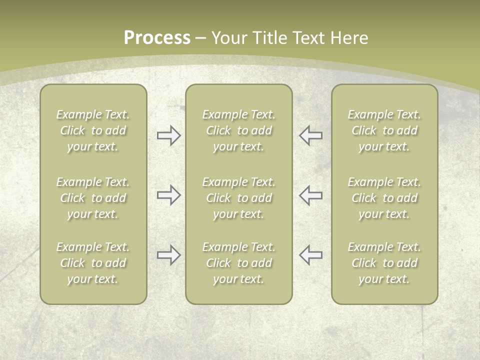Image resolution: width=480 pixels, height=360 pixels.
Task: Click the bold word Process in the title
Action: coord(157,37)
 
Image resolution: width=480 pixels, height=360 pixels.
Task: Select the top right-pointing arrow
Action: coord(168,135)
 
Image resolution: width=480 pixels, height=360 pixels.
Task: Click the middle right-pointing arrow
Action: coord(168,195)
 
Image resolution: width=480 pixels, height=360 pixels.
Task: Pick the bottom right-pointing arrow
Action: coord(168,255)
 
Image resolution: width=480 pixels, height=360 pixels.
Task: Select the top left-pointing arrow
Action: coord(311,135)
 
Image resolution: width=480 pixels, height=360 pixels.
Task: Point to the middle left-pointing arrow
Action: coord(311,195)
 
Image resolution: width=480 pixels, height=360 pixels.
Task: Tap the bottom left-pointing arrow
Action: coord(311,255)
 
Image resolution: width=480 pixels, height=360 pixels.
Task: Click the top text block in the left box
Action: coord(93,130)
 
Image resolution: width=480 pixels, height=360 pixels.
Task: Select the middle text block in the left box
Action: coord(93,198)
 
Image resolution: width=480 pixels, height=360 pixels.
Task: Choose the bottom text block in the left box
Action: coord(93,263)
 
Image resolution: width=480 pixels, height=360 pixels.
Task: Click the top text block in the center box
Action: coord(239,130)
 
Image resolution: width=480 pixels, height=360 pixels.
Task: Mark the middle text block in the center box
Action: coord(239,198)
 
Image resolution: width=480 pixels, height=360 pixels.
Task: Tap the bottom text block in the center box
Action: coord(239,263)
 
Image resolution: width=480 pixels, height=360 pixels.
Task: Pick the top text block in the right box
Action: coord(384,130)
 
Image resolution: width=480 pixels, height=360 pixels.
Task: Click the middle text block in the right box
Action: coord(384,198)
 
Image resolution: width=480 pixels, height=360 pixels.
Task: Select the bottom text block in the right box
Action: coord(384,263)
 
